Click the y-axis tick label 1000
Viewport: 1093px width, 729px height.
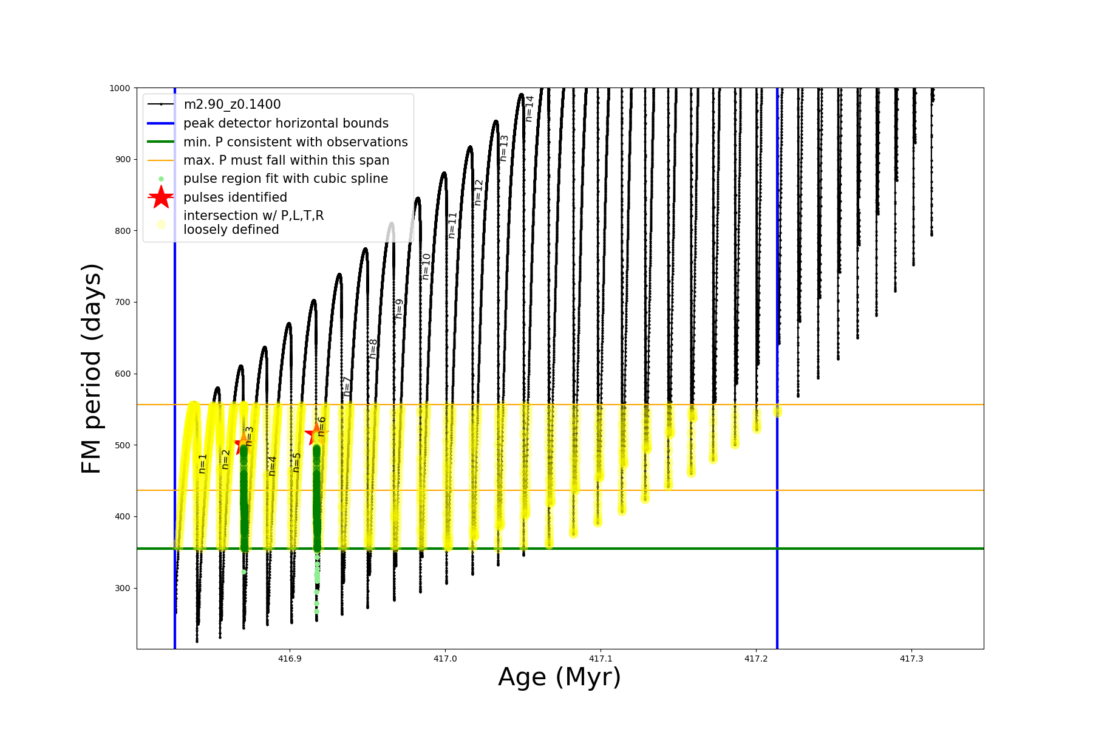point(120,88)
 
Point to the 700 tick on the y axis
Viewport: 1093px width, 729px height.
point(123,302)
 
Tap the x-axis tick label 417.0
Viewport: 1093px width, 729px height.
point(445,659)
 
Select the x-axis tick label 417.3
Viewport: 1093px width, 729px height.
point(911,659)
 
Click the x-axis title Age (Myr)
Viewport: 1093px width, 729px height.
point(559,677)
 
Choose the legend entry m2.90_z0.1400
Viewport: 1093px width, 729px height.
point(232,104)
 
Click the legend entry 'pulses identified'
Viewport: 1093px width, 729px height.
point(235,197)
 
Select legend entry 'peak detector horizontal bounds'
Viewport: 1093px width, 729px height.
point(285,123)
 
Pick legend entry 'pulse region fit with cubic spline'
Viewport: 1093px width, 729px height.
point(285,179)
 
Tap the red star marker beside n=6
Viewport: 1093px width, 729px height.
point(315,434)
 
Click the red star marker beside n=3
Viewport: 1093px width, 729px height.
point(243,445)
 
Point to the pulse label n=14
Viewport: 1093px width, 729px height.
point(529,108)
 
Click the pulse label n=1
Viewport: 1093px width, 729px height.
point(203,463)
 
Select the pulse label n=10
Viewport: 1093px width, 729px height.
point(426,266)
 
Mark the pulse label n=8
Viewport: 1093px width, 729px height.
point(373,348)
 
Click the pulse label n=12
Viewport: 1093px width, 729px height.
point(478,192)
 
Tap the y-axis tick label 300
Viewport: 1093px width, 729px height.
point(123,588)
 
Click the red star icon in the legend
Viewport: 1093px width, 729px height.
point(161,197)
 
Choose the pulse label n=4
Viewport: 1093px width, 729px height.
point(272,465)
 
